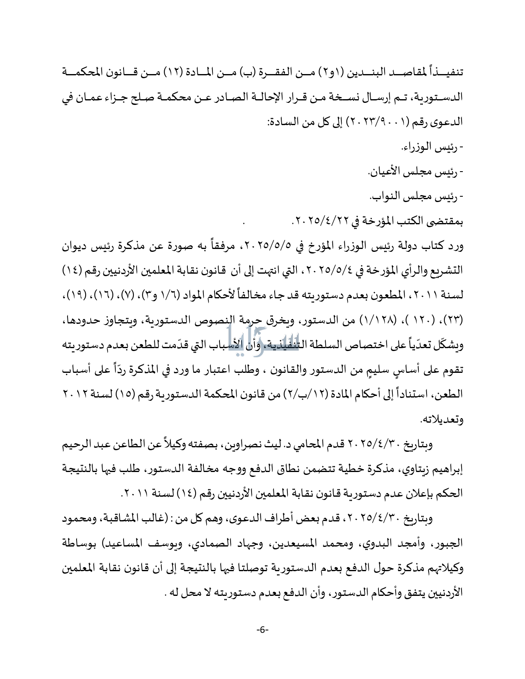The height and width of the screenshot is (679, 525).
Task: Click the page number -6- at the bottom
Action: [262, 630]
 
